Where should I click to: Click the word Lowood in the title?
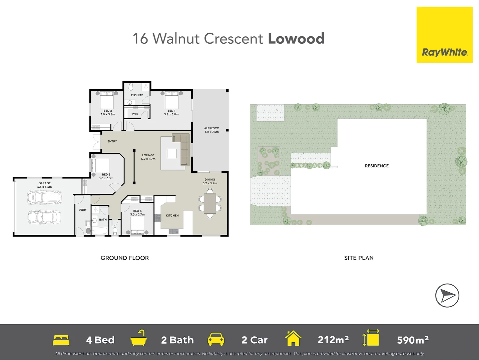pos(296,39)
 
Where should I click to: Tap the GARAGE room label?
pos(44,183)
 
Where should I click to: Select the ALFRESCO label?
pos(211,128)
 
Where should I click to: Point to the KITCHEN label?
pos(172,215)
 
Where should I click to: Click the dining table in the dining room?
pos(210,203)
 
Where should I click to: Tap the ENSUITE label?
pos(137,95)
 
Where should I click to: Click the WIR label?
pos(135,114)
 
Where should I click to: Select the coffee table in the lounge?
pos(171,153)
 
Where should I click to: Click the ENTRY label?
pos(112,141)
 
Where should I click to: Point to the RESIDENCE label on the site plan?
pos(377,166)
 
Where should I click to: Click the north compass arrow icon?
pos(447,295)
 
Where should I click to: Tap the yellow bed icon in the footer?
pos(61,340)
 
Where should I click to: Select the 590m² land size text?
pos(413,340)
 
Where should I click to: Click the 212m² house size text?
pos(333,340)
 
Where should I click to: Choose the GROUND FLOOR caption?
pos(125,258)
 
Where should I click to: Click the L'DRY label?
pos(83,210)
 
